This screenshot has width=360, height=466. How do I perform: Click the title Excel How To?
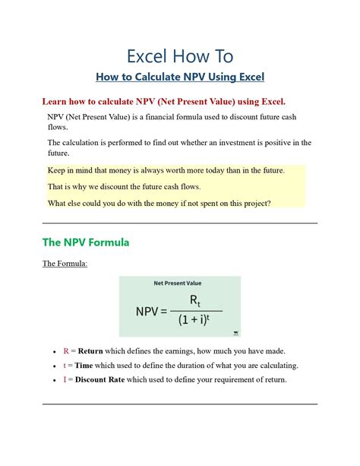click(180, 56)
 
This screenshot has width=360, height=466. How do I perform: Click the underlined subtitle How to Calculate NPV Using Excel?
click(180, 77)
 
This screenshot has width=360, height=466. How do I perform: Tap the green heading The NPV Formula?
click(86, 243)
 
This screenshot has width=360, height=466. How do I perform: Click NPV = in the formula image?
click(152, 312)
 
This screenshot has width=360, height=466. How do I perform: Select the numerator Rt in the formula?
click(196, 301)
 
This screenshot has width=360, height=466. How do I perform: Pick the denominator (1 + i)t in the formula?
click(196, 320)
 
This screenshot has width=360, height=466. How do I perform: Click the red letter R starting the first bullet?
click(66, 351)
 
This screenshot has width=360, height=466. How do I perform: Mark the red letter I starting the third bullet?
click(65, 379)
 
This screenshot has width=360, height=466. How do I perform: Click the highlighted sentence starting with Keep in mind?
click(166, 170)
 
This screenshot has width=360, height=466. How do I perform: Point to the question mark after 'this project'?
click(269, 203)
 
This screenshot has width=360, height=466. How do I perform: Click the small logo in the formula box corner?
click(235, 331)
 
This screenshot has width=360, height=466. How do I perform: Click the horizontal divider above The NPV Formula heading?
click(180, 223)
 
